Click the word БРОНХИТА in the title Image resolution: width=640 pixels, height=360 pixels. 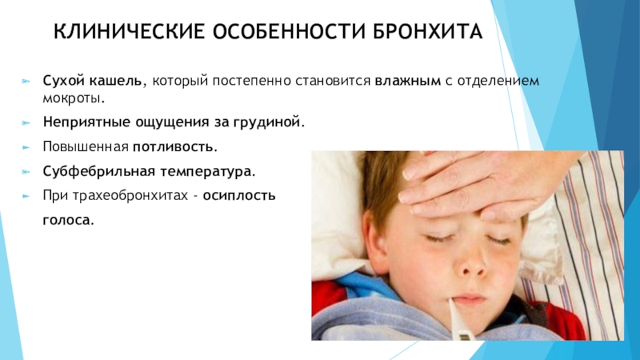[427, 32]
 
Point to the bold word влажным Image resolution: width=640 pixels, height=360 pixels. [408, 81]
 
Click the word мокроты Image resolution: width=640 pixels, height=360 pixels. [74, 98]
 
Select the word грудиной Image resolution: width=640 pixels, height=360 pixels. [269, 122]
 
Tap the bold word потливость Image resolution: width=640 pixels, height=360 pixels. [175, 146]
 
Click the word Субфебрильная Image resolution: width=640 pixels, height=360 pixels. [99, 171]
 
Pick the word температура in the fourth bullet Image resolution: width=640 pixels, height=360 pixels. [207, 172]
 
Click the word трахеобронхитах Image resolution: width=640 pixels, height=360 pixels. [130, 196]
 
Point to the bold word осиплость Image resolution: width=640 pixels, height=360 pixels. [239, 196]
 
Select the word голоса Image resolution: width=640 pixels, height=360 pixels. [68, 220]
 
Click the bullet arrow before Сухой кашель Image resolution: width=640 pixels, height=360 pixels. [26, 82]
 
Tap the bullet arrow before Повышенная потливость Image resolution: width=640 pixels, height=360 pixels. [26, 147]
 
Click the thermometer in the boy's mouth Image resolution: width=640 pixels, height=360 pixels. [459, 320]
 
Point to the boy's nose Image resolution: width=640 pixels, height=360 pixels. [472, 264]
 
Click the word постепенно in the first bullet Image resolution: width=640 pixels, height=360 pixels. [251, 82]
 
